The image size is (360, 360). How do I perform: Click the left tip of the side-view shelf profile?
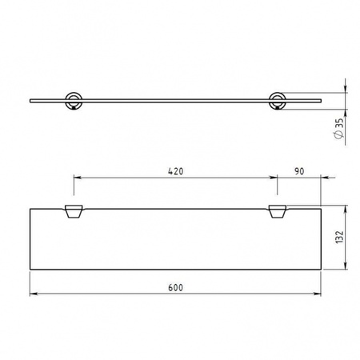30,102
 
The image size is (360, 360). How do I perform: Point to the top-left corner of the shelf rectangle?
30,208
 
